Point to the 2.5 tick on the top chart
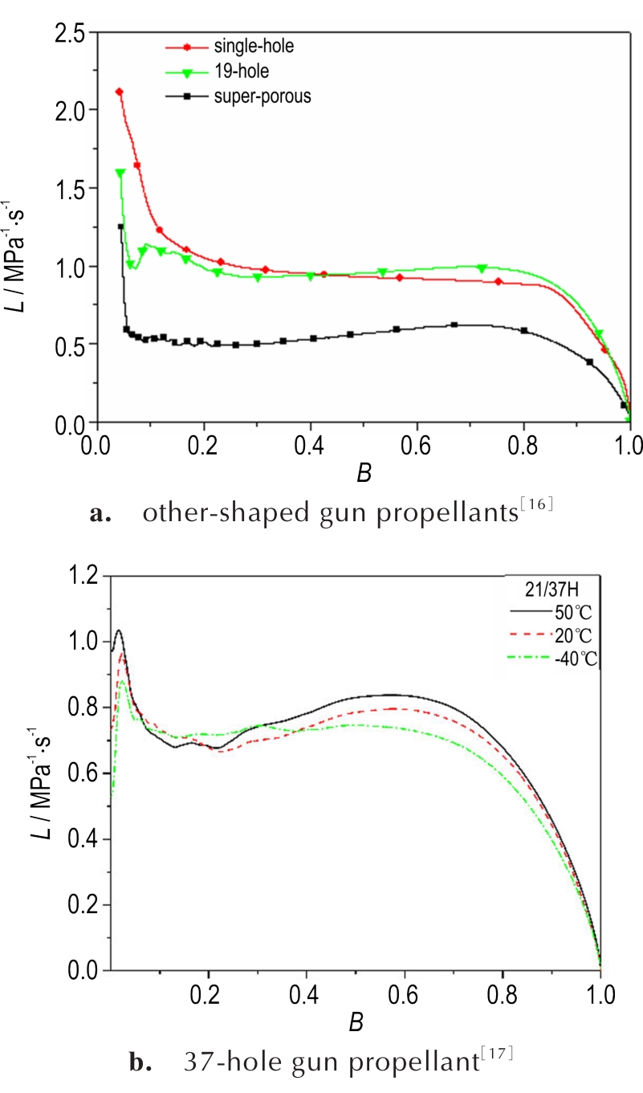71,33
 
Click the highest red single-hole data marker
119,92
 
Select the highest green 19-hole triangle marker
120,173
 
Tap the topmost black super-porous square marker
121,226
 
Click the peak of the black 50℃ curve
118,630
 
